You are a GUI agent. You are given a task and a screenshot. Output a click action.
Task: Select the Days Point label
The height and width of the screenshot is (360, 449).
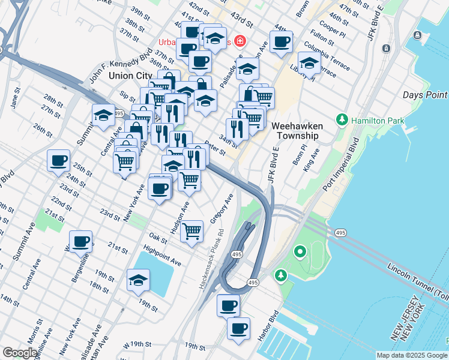point(424,95)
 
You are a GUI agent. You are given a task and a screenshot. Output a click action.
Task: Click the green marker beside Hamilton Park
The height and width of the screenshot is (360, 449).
point(343,120)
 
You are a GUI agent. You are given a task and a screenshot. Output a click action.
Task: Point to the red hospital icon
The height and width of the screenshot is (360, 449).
point(241,41)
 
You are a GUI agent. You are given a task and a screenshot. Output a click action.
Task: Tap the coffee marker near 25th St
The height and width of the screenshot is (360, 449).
point(59,161)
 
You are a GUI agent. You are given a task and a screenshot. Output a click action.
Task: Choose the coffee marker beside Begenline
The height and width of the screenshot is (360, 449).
point(80,242)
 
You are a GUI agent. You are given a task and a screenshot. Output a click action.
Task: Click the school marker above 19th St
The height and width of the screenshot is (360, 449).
point(139,280)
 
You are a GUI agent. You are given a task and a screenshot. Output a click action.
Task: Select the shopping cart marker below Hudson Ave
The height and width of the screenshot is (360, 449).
point(191,230)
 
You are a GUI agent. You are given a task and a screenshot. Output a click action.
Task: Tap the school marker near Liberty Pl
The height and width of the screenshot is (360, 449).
point(309,63)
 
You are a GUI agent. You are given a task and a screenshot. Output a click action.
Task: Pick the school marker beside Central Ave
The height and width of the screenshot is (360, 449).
point(103,115)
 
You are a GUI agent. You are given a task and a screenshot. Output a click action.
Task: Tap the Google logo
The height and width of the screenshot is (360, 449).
point(20,353)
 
